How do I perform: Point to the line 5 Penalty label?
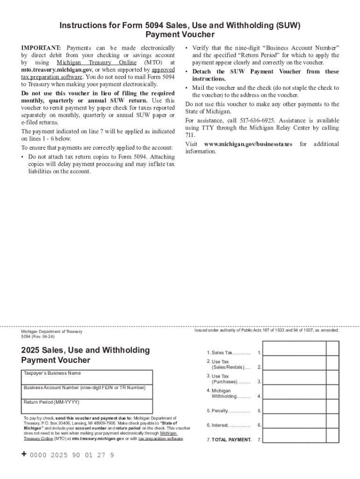tap(229, 411)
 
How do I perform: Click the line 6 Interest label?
tap(229, 425)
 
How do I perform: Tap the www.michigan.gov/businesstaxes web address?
tap(249, 144)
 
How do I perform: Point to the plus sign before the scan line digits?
tap(24, 455)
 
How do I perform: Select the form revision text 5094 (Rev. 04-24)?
tap(38, 336)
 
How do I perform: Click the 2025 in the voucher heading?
tap(30, 350)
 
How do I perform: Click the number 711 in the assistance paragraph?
tap(190, 135)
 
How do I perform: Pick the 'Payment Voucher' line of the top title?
tap(180, 35)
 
